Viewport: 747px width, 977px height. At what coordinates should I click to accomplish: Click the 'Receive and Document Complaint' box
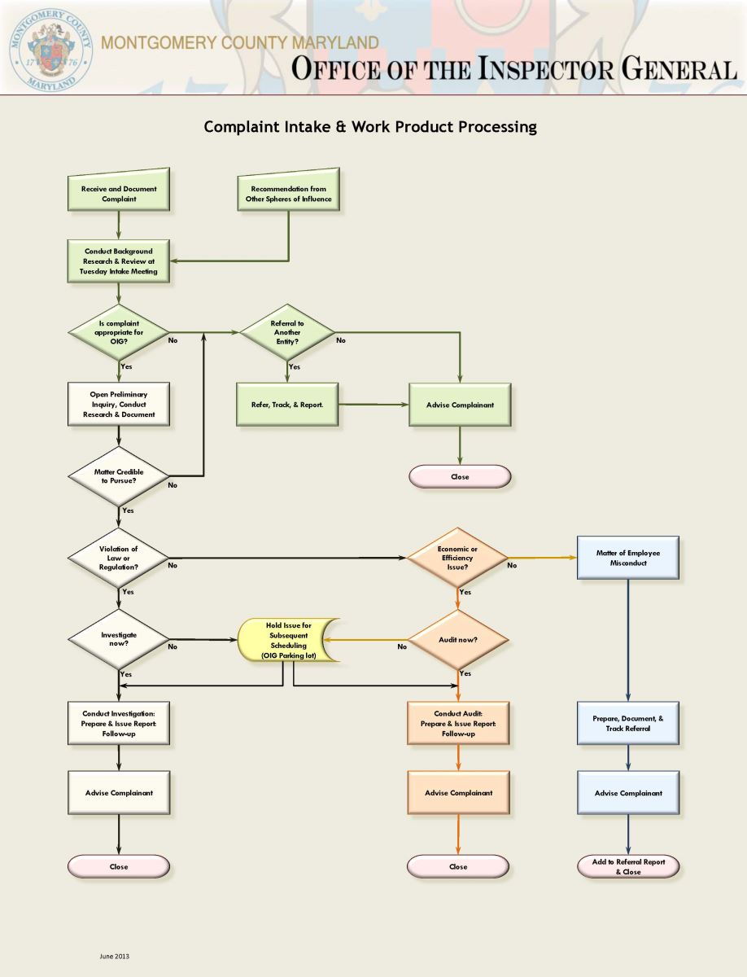[x=119, y=193]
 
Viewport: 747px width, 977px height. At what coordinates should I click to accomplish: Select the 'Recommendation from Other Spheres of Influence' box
[x=288, y=193]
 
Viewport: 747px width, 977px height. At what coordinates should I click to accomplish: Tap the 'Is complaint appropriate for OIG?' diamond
[x=119, y=332]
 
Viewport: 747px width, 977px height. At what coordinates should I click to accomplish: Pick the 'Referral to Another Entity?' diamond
[x=287, y=332]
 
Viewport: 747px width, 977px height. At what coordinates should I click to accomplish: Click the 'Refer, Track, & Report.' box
[x=287, y=405]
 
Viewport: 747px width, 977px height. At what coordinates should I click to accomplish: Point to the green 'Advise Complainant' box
[x=460, y=405]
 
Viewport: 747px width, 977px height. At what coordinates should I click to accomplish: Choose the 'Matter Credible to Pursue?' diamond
[x=119, y=476]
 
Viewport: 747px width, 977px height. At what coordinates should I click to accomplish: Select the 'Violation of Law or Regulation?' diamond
[x=119, y=558]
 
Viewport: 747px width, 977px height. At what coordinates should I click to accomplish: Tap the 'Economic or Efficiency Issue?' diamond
[x=457, y=558]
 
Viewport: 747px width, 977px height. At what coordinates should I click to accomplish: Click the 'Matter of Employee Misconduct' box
[x=628, y=558]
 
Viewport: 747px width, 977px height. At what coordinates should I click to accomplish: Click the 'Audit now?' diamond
[x=457, y=640]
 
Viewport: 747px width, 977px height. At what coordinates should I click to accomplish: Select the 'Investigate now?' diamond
[x=119, y=638]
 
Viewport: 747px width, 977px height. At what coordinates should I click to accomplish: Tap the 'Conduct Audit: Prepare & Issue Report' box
[x=458, y=722]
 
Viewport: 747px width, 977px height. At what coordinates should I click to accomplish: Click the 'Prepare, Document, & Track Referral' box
[x=628, y=723]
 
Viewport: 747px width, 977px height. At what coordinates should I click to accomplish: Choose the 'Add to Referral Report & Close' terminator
[x=628, y=866]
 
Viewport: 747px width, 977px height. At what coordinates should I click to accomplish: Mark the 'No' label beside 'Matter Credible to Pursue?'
[x=173, y=485]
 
